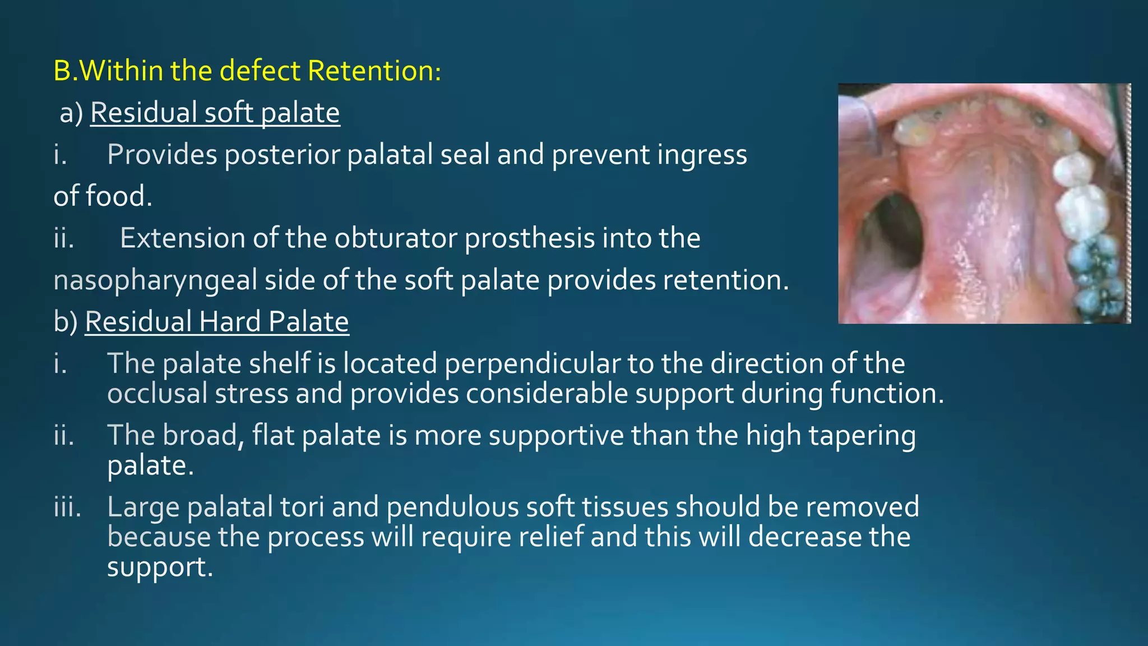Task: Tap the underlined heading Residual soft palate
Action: [215, 113]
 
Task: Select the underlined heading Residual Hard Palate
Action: [217, 322]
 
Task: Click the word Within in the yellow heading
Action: [122, 71]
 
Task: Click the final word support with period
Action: [160, 567]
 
